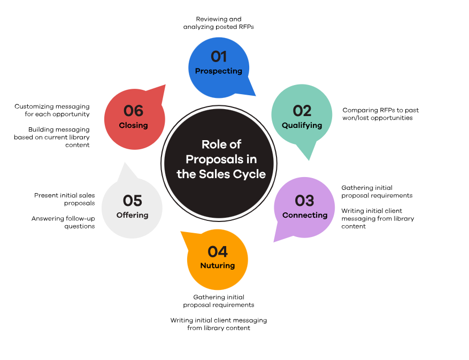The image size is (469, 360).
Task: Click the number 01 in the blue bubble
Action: pyautogui.click(x=219, y=56)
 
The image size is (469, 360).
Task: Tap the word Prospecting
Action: pyautogui.click(x=218, y=71)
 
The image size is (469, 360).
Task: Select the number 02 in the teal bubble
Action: pyautogui.click(x=302, y=111)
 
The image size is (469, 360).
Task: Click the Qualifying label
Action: pyautogui.click(x=302, y=125)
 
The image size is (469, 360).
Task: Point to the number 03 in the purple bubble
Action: pyautogui.click(x=304, y=201)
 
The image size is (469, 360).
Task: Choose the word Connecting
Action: pyautogui.click(x=305, y=215)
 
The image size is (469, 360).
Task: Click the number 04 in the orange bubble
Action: pyautogui.click(x=218, y=251)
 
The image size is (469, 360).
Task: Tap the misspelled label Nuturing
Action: pyautogui.click(x=218, y=265)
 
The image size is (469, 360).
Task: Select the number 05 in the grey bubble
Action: pyautogui.click(x=133, y=201)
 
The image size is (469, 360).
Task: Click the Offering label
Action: pyautogui.click(x=132, y=215)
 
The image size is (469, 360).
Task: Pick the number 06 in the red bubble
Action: pyautogui.click(x=134, y=111)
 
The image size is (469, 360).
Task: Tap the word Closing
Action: pyautogui.click(x=134, y=125)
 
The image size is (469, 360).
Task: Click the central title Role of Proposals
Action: pyautogui.click(x=221, y=159)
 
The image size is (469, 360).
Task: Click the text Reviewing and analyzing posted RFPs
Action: pyautogui.click(x=218, y=22)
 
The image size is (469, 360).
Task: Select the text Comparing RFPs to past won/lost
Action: pyautogui.click(x=381, y=114)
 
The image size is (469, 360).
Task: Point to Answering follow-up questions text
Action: pyautogui.click(x=63, y=222)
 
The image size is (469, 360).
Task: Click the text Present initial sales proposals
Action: pyautogui.click(x=65, y=199)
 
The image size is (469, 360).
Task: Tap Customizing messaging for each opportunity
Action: pyautogui.click(x=52, y=110)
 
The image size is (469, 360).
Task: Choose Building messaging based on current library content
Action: pyautogui.click(x=52, y=137)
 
